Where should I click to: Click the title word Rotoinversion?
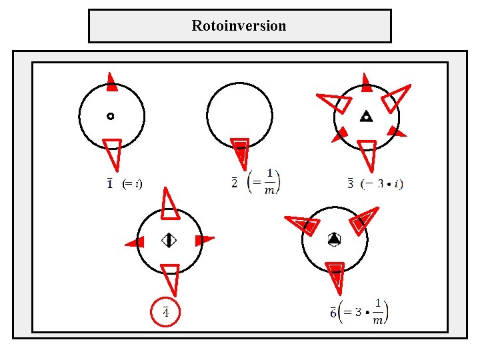click(239, 26)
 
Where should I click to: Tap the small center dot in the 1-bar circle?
click(110, 116)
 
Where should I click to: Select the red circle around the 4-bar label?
click(165, 311)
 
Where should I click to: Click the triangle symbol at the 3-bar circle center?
click(365, 117)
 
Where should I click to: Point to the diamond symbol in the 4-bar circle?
click(169, 240)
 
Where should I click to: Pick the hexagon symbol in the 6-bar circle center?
click(334, 239)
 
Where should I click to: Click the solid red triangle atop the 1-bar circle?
click(112, 83)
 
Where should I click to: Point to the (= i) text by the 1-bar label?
click(132, 183)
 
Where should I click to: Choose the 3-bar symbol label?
click(351, 183)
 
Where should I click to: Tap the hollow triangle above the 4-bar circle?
click(169, 206)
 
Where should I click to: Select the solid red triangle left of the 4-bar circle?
click(136, 242)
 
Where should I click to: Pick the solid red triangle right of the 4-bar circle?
click(203, 239)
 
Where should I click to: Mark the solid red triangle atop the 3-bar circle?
click(366, 83)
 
